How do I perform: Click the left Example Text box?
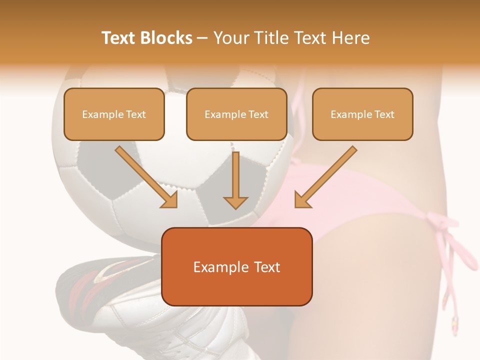(x=114, y=114)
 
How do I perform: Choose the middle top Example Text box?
(x=236, y=114)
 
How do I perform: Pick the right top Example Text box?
(x=362, y=114)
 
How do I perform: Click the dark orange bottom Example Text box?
(x=237, y=266)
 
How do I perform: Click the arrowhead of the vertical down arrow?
(x=235, y=202)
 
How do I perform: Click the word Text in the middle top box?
(x=258, y=114)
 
